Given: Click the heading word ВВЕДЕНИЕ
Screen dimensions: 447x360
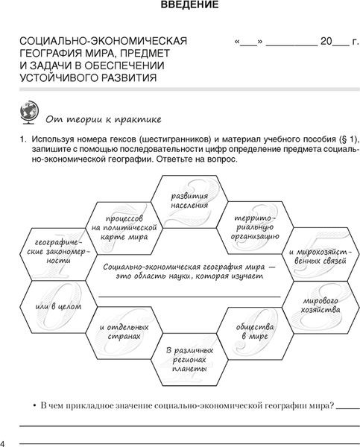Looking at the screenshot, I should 189,7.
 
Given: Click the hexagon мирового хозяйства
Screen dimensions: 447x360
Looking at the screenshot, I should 320,305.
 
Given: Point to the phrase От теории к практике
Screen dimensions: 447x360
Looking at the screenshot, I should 103,119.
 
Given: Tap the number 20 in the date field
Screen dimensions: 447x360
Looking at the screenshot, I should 325,41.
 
